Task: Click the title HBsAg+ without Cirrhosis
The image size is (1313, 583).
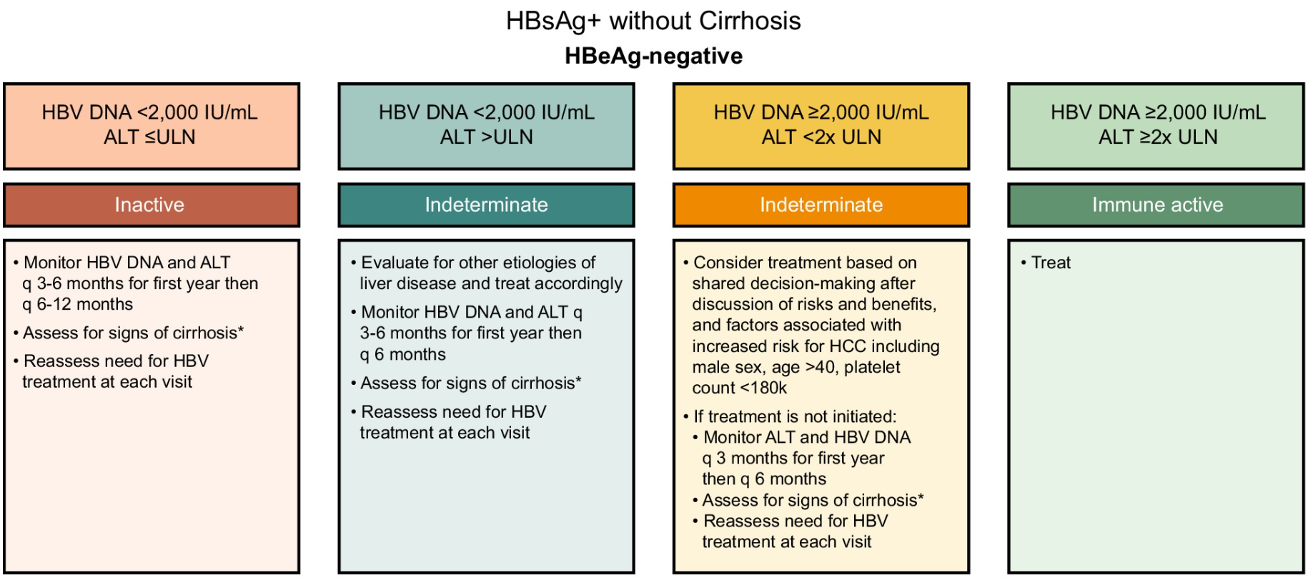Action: coord(653,21)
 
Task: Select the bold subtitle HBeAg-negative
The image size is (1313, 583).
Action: coord(653,56)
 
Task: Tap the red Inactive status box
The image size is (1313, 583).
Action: coord(152,205)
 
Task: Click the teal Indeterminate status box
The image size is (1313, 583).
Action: coord(486,205)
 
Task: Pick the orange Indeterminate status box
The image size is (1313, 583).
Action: coord(821,205)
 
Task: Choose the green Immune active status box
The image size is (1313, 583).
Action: coord(1156,205)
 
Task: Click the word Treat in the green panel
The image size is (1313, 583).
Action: coord(1051,263)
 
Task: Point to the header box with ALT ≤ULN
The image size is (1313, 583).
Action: coord(152,127)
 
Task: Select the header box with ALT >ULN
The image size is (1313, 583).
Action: coord(486,127)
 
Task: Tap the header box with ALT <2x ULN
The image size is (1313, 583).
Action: coord(821,127)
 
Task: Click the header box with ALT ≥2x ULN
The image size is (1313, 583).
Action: coord(1156,127)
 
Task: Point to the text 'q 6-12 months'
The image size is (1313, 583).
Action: coord(77,305)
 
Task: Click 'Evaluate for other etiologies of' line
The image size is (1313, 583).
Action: coord(478,263)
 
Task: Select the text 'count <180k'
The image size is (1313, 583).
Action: coord(739,388)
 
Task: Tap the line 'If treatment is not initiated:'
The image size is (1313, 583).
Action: coord(795,417)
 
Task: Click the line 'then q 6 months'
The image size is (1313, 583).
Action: coord(764,479)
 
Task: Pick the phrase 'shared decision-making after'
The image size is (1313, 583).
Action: coord(803,284)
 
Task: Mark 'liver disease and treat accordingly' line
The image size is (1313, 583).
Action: coord(491,284)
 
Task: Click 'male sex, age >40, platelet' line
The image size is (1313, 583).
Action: coord(796,368)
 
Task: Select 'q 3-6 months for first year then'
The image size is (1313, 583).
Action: coord(140,284)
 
